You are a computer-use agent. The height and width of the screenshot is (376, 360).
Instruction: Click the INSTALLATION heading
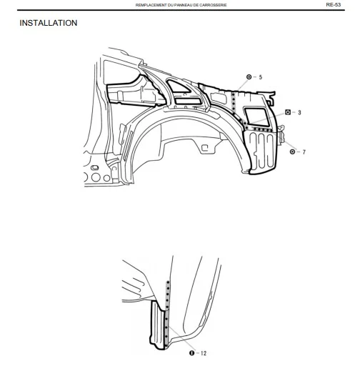(x=48, y=23)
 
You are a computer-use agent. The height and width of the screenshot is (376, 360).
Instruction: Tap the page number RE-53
(x=333, y=4)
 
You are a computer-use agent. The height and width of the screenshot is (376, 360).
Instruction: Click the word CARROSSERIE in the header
(x=214, y=5)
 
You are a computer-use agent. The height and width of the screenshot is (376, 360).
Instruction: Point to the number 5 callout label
(x=261, y=77)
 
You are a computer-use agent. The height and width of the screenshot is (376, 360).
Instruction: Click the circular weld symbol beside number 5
(x=249, y=77)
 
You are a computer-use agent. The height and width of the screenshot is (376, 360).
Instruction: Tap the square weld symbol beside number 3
(x=288, y=112)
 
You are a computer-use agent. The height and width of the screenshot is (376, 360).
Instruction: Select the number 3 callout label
(x=299, y=112)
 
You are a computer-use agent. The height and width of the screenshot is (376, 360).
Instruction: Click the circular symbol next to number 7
(x=292, y=152)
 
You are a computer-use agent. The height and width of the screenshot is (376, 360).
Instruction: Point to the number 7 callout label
(x=304, y=152)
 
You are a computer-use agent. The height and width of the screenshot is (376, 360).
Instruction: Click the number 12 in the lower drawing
(x=204, y=353)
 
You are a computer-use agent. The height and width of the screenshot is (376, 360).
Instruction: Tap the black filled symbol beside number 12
(x=191, y=353)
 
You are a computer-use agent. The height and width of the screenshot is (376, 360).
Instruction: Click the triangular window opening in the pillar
(x=179, y=86)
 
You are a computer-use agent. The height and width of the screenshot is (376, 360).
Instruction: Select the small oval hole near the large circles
(x=95, y=167)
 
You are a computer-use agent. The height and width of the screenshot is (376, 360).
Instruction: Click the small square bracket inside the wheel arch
(x=204, y=148)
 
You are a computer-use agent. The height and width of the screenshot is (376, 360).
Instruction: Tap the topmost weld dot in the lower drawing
(x=169, y=282)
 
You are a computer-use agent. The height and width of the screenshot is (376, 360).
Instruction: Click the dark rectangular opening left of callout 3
(x=256, y=117)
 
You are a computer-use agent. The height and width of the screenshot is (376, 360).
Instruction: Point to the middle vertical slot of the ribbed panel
(x=261, y=151)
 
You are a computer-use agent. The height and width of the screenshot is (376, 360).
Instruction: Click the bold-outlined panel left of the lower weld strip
(x=158, y=325)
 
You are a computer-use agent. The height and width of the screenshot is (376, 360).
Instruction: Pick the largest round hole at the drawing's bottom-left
(x=96, y=177)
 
